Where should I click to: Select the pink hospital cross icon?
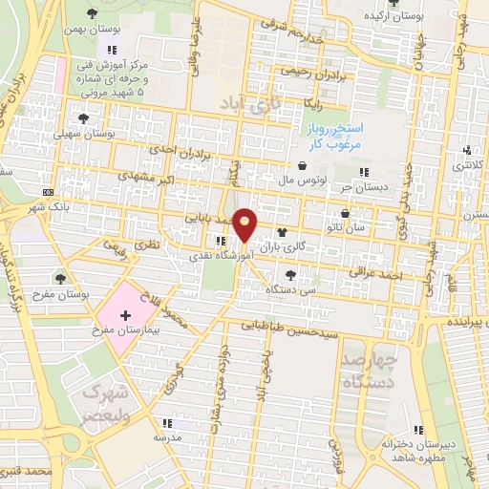(x=125, y=314)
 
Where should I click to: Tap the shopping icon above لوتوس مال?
(x=302, y=165)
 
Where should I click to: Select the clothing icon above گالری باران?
(x=282, y=231)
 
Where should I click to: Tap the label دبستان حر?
(x=366, y=186)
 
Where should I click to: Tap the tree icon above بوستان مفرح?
(x=61, y=279)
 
